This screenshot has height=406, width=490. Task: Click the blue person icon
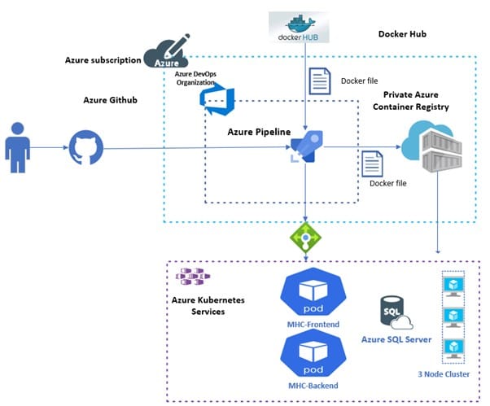click(17, 147)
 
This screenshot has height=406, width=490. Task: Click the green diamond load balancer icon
click(304, 237)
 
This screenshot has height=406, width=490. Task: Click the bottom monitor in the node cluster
click(452, 347)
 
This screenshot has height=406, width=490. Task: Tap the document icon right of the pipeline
click(373, 164)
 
